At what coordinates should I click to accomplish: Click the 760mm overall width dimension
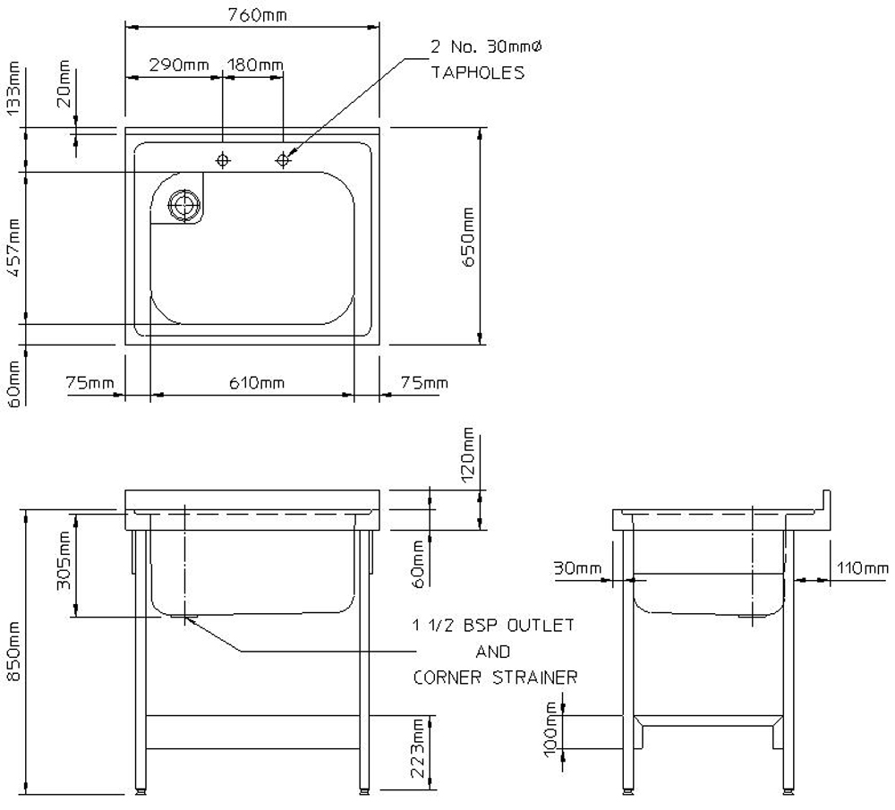click(x=258, y=14)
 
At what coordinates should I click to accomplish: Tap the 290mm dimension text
click(x=179, y=64)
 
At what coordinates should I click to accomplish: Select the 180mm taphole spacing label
click(x=255, y=64)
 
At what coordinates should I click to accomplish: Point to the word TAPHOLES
click(x=477, y=72)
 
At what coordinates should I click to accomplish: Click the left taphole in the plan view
click(x=223, y=160)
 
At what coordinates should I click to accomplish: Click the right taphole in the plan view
click(x=283, y=160)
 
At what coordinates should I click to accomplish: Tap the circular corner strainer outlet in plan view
click(x=184, y=205)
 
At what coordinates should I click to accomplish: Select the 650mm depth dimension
click(x=468, y=237)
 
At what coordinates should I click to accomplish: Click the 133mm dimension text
click(x=13, y=88)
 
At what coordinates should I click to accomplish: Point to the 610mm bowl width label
click(x=257, y=382)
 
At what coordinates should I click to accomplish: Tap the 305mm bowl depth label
click(x=64, y=560)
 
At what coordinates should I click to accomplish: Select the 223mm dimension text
click(x=418, y=748)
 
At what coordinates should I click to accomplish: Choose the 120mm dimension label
click(x=468, y=455)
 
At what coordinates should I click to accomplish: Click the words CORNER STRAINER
click(x=495, y=678)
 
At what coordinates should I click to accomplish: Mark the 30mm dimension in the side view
click(x=577, y=568)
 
